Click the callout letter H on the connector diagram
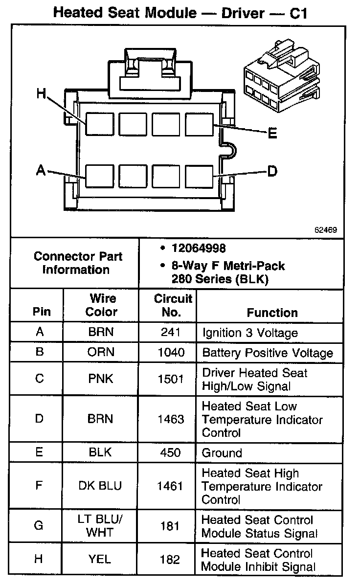[43, 93]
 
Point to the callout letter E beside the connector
[272, 133]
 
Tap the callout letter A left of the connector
[41, 170]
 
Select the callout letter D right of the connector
[272, 171]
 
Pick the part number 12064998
[198, 248]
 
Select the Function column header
[272, 313]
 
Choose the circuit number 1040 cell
[171, 353]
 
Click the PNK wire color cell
[101, 379]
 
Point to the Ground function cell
[222, 453]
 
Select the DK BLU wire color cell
[100, 486]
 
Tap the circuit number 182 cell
[170, 560]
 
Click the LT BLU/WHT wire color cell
[101, 526]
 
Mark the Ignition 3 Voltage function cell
[250, 333]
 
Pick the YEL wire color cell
[100, 560]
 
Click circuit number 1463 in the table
[171, 419]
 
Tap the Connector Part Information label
[78, 263]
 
